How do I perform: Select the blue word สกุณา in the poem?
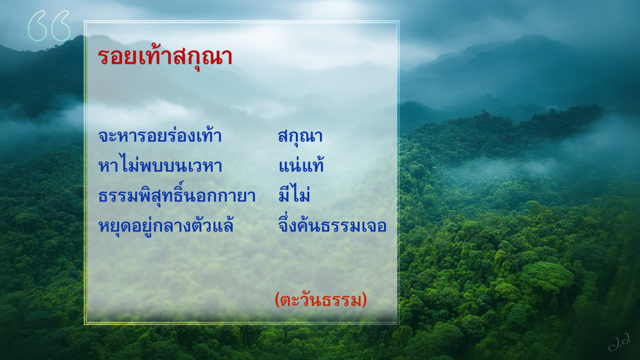[300, 136]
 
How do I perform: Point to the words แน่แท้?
[301, 165]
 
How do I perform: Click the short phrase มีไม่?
[294, 195]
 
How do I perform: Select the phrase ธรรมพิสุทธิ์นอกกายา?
[177, 196]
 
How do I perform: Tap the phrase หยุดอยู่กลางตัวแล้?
[166, 226]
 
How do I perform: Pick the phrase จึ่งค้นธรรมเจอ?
[332, 225]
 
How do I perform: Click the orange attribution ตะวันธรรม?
[321, 300]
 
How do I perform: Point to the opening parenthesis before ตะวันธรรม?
[277, 300]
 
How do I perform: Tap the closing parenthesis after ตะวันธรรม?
[364, 300]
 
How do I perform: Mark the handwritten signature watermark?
[619, 341]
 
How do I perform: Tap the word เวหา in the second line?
[205, 165]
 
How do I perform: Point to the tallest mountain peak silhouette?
[532, 37]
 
